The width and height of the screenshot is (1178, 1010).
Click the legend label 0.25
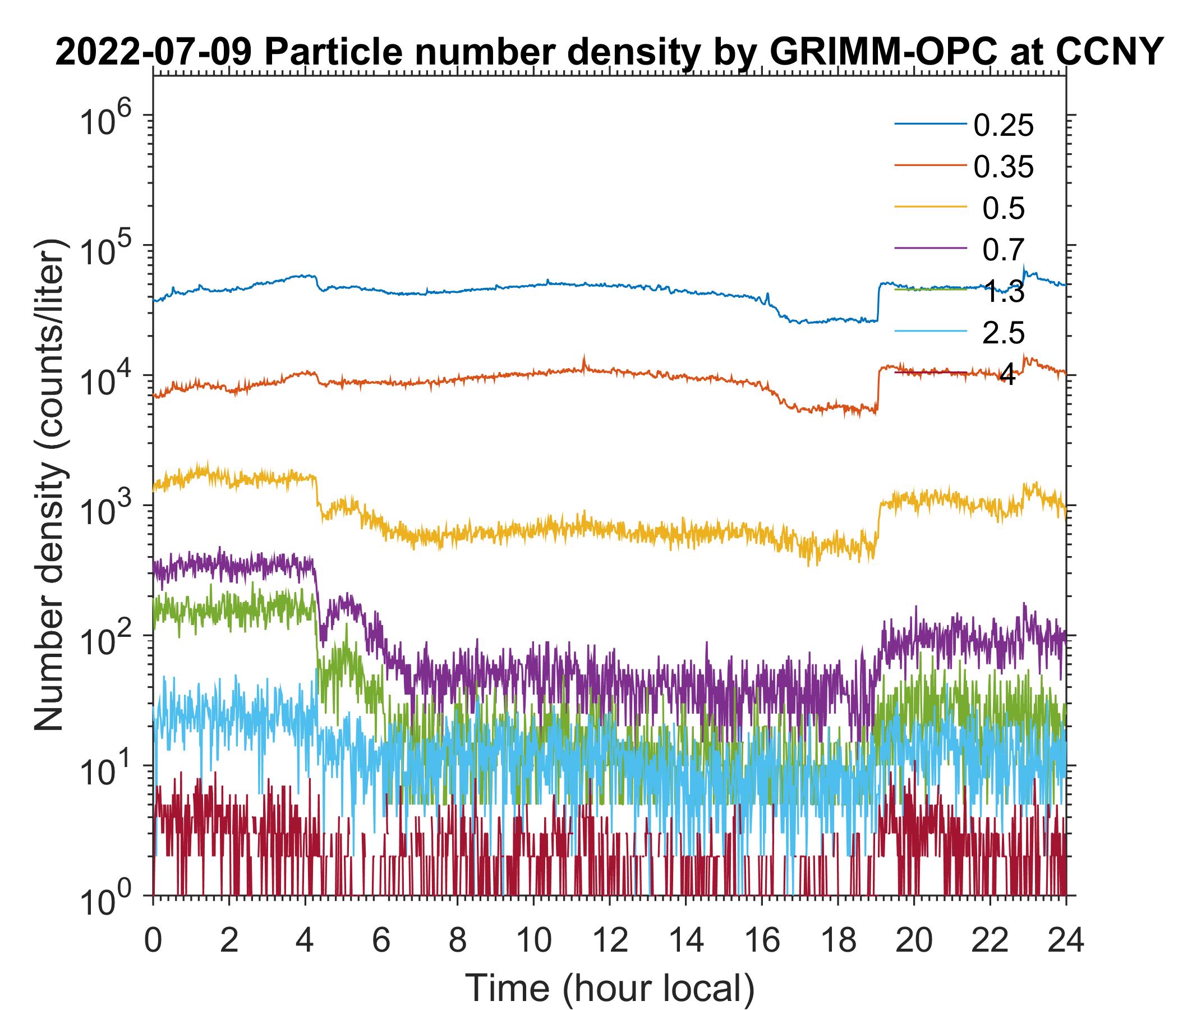[1004, 125]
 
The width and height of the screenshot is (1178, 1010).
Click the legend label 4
[1007, 375]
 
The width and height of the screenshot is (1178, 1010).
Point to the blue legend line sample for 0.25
[930, 124]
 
